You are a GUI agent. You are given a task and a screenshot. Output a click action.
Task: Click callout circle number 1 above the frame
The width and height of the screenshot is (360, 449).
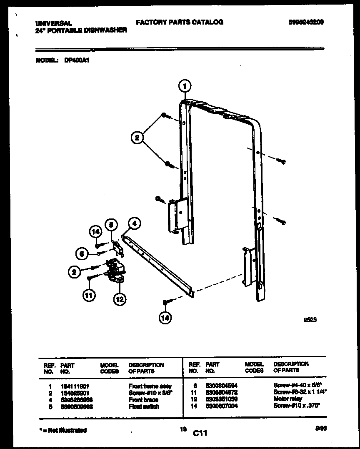coord(185,86)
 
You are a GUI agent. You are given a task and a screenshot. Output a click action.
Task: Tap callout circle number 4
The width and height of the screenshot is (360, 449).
coord(134,224)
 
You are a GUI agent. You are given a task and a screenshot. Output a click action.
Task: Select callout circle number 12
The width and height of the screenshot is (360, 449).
coord(120,298)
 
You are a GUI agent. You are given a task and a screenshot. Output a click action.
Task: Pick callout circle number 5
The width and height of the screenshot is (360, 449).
coord(111,225)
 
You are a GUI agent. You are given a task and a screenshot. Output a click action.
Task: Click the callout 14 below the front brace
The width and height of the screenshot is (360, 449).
coord(166,318)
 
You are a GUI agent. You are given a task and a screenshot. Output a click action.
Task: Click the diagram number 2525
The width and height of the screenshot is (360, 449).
coord(310,320)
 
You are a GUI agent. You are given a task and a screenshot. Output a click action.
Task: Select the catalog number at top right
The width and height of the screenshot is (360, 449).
coord(305,22)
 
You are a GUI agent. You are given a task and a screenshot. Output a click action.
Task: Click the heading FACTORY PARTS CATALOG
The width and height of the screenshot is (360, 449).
coord(180,22)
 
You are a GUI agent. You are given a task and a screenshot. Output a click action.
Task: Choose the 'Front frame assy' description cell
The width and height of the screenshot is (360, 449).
coord(150,386)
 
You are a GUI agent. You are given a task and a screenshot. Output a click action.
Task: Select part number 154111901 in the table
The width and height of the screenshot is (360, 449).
coord(75,386)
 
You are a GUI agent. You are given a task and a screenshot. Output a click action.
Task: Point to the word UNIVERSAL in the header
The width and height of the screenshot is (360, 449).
coord(54,24)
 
